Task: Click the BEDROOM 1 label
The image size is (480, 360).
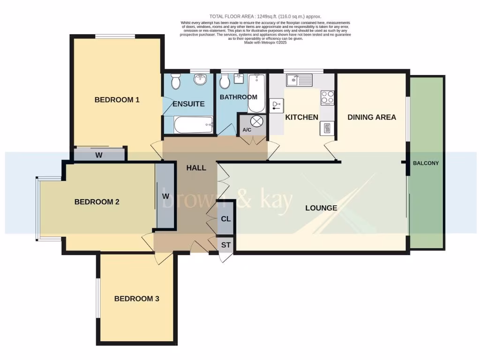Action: tap(117, 100)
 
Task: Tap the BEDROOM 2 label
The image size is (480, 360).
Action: tap(97, 202)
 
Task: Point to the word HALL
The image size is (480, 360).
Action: tap(196, 168)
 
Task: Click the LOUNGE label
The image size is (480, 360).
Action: tap(321, 208)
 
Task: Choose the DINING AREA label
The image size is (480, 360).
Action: tap(372, 117)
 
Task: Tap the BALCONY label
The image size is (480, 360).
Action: tap(426, 163)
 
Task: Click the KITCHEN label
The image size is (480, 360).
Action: tap(302, 117)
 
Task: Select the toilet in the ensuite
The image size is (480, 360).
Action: tap(176, 82)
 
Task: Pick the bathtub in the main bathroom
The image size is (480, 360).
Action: tap(256, 92)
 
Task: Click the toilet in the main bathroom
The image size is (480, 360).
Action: tap(225, 82)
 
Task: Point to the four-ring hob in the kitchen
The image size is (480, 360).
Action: tap(327, 97)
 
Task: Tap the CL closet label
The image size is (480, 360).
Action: tap(226, 219)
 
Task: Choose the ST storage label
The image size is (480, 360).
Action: tap(226, 245)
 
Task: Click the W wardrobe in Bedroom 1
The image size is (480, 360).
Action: tap(99, 155)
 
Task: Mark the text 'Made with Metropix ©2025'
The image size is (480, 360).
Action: tap(265, 43)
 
